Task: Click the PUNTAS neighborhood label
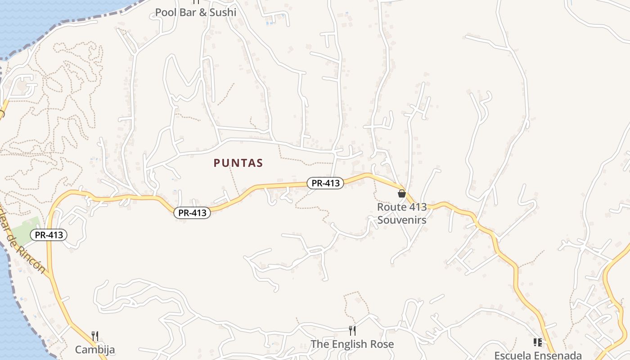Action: click(238, 163)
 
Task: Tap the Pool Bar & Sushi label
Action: click(195, 12)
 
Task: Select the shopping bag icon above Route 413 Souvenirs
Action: click(402, 193)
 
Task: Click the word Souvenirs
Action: click(402, 220)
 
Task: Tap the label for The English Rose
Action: click(352, 344)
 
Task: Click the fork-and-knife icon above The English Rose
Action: click(352, 331)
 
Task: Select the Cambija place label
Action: click(95, 350)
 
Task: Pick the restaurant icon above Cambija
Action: click(95, 336)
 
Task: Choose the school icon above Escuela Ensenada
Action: click(537, 342)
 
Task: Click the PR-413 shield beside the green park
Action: click(49, 235)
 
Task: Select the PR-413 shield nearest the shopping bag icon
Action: click(325, 183)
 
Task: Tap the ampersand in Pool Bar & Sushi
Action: click(202, 12)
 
